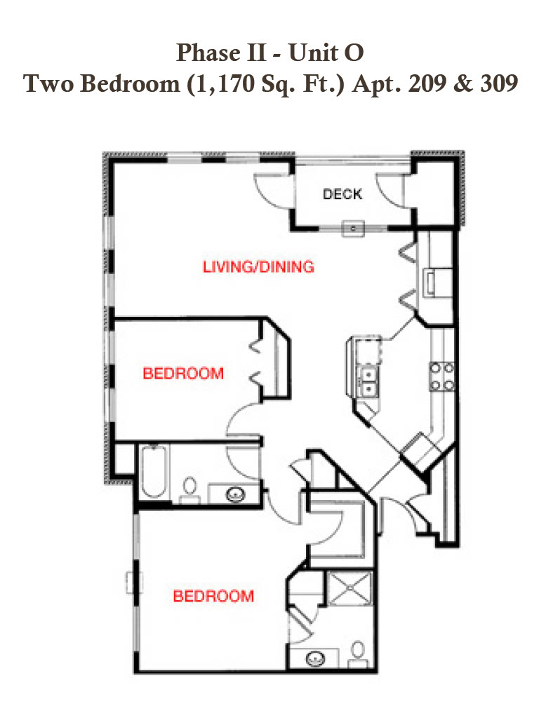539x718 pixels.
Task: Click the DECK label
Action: (x=342, y=194)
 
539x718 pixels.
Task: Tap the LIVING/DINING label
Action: (x=258, y=266)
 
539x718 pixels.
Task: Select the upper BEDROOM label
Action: (x=183, y=373)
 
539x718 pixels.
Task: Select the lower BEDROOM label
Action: (x=213, y=596)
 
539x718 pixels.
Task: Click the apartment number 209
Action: (x=427, y=83)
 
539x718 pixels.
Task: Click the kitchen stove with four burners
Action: (x=442, y=377)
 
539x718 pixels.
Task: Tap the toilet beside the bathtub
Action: (x=189, y=489)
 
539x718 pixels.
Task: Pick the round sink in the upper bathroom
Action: (x=236, y=494)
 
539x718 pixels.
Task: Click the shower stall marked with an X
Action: (x=349, y=588)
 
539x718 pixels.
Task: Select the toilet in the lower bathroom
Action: (x=357, y=654)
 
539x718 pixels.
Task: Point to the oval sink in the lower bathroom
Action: (x=315, y=658)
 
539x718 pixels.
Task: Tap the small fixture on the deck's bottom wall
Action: (x=354, y=228)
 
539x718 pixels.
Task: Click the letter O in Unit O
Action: (x=354, y=53)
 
